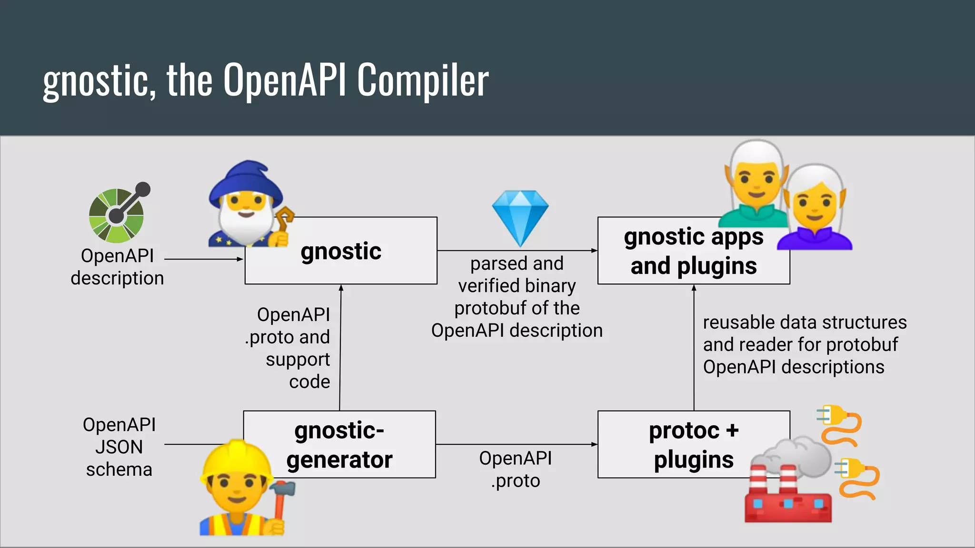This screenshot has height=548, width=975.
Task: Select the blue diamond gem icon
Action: click(x=520, y=216)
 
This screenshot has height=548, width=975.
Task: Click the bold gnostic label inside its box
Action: click(x=341, y=251)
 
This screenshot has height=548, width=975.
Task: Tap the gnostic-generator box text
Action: click(x=339, y=445)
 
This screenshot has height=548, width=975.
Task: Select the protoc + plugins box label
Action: click(x=693, y=445)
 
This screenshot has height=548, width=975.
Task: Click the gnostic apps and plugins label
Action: click(x=693, y=251)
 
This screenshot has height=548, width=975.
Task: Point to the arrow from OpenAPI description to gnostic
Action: click(x=204, y=259)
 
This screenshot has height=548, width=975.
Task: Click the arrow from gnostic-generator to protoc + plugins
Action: click(x=517, y=444)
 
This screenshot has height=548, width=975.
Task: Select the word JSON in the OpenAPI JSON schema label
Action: click(x=119, y=447)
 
